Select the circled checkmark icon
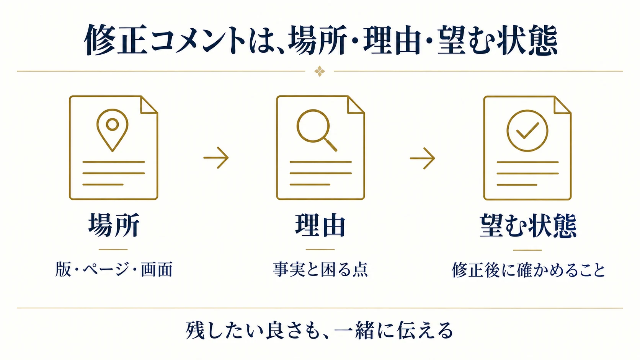pos(527,131)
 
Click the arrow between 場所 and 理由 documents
pos(216,158)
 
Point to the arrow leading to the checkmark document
pos(422,158)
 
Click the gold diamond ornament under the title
pos(320,71)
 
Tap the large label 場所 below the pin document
pos(114,225)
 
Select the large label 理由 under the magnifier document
pos(320,225)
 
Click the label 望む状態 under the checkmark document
pos(528,226)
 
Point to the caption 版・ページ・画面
pos(114,269)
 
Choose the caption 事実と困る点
pos(320,269)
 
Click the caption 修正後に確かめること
pos(528,270)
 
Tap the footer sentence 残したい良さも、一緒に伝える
pos(319,330)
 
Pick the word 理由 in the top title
pos(392,40)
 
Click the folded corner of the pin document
pos(149,105)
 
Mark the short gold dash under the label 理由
pos(320,249)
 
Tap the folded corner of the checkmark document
pos(562,105)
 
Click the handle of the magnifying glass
pos(331,145)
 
